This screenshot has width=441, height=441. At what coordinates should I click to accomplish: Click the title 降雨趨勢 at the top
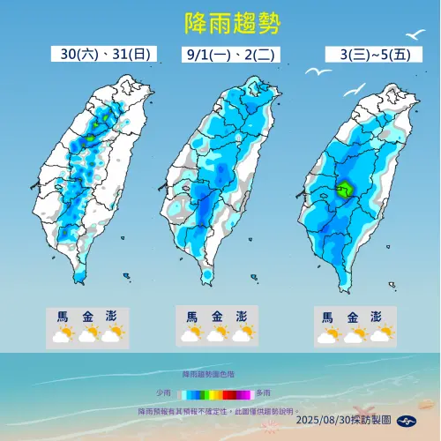pos(220,22)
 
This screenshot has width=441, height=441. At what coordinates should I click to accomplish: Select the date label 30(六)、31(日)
pos(101,55)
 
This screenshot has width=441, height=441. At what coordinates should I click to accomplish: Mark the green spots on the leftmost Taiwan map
pos(104,116)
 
